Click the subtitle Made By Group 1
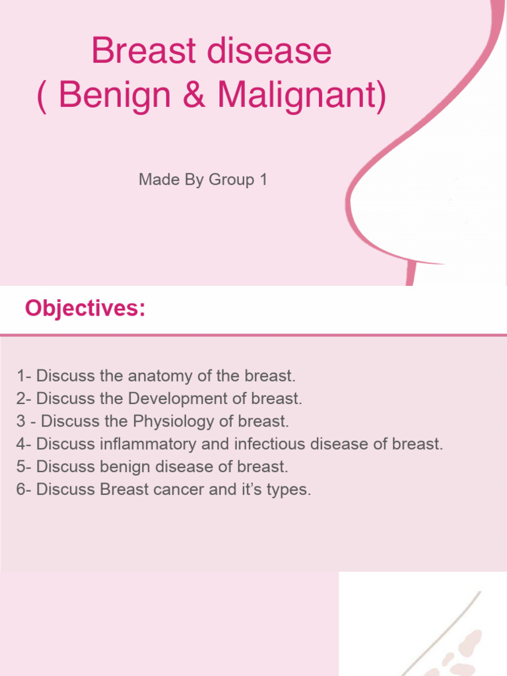pos(203,180)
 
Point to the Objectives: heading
pos(85,308)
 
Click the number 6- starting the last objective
pos(24,489)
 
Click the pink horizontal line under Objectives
pos(253,335)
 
